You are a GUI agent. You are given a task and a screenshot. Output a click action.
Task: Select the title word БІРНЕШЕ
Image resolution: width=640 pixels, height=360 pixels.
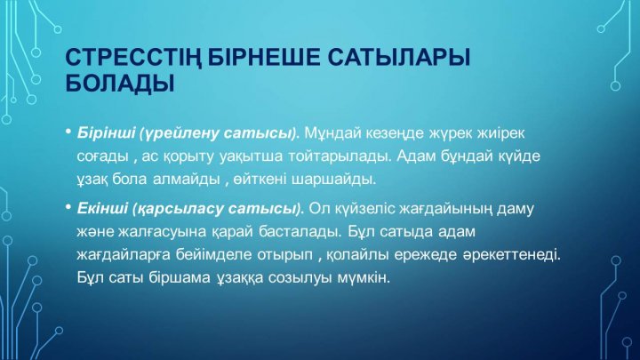264,57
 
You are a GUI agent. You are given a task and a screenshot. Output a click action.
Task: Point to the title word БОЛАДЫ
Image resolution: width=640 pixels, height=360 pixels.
120,84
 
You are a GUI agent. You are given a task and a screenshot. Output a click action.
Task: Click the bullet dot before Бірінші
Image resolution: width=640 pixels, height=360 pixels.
68,132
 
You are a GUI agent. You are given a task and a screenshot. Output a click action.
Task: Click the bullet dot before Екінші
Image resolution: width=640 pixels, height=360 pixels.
68,207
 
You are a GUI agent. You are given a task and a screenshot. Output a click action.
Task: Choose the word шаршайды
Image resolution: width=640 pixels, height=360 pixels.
333,180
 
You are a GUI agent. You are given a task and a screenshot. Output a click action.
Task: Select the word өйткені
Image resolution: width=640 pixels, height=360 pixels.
260,180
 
